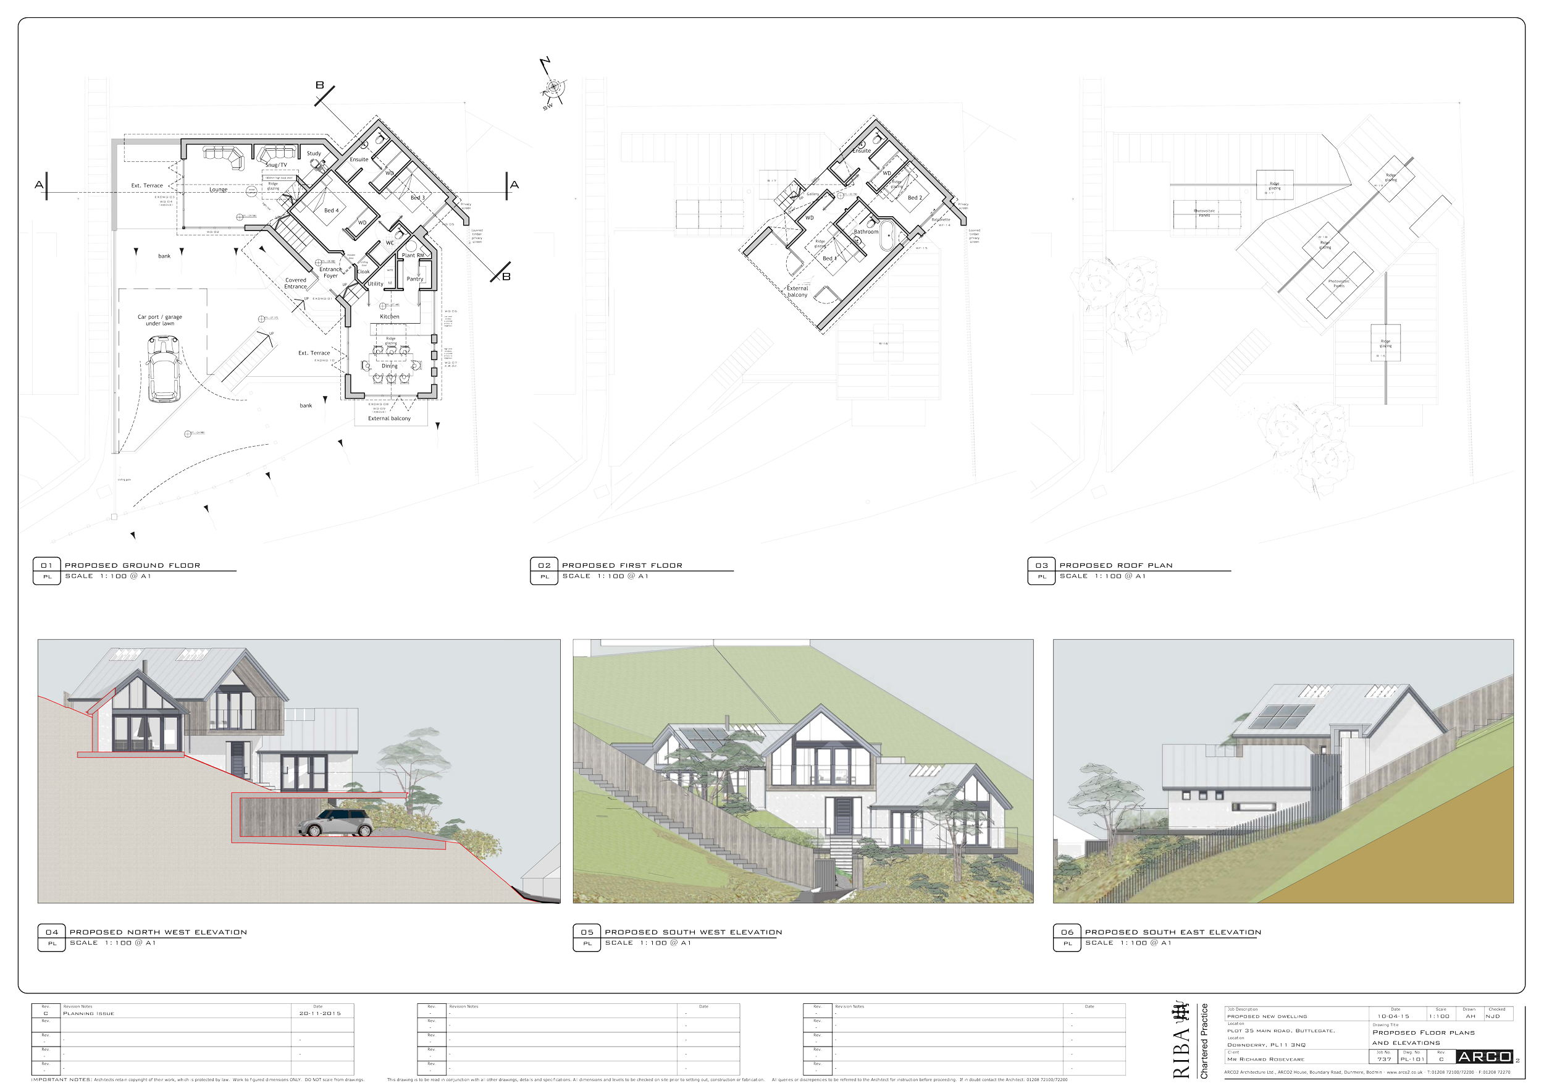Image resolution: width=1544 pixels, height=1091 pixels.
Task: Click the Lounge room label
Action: tap(219, 190)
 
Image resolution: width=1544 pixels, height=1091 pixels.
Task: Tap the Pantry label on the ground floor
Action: tap(415, 279)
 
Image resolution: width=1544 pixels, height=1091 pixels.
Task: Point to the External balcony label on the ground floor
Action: tap(388, 418)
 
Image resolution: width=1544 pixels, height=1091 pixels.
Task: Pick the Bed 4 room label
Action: tap(332, 211)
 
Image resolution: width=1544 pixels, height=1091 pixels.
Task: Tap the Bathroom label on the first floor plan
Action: tap(865, 232)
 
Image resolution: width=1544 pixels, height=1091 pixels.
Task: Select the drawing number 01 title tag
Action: tap(46, 566)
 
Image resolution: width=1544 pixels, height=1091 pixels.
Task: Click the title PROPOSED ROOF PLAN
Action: tap(1115, 566)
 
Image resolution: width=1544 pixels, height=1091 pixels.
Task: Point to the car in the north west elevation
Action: tap(335, 824)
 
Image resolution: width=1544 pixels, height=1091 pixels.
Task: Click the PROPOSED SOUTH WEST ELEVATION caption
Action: tap(693, 932)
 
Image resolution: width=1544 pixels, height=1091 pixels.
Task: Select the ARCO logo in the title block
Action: tap(1485, 1056)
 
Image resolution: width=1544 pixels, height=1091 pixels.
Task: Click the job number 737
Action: tap(1383, 1059)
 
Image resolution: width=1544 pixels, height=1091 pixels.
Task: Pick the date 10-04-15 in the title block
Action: tap(1393, 1016)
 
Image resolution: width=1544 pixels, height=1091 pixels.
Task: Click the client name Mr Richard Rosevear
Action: tap(1265, 1059)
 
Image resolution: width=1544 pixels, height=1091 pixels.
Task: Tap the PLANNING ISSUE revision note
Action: tap(89, 1014)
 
